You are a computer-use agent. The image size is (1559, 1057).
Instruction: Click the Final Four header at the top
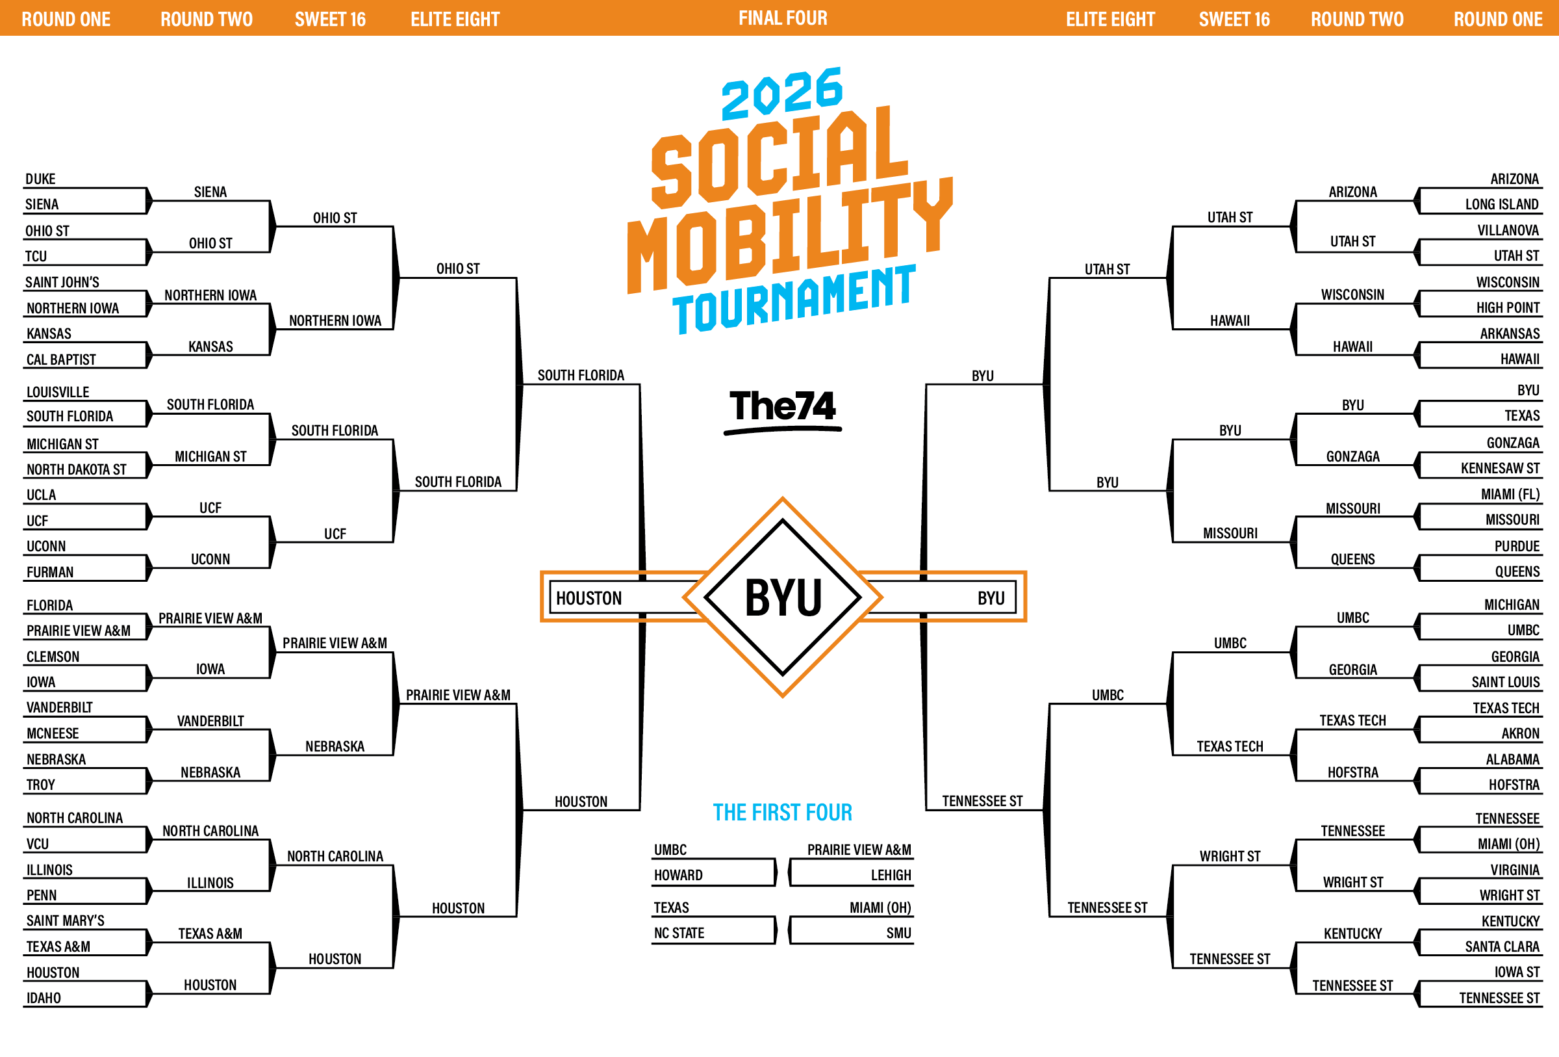click(783, 18)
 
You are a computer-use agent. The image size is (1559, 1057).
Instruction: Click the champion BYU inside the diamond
click(783, 597)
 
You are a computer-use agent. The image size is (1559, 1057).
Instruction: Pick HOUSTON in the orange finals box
click(589, 598)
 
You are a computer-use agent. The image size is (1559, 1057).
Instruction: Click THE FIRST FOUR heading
click(782, 813)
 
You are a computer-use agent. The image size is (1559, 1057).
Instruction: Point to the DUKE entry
click(40, 179)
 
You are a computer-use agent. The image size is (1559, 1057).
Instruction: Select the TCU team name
click(36, 256)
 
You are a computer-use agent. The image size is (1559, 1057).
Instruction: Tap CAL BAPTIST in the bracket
click(61, 359)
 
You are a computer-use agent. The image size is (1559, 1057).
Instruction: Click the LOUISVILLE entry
click(58, 392)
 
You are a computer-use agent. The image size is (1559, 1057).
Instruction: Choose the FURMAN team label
click(49, 573)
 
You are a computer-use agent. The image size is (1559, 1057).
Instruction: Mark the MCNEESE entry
click(53, 733)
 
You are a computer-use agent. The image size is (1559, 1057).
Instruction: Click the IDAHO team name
click(44, 998)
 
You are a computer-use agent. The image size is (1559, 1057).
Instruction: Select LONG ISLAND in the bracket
click(1502, 204)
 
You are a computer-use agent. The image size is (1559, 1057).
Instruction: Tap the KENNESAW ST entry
click(1501, 468)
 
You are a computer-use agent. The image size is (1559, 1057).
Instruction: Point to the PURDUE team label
click(1517, 546)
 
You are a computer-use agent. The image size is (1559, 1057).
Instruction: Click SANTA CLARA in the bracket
click(1502, 947)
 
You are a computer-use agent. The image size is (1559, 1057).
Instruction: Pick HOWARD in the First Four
click(678, 875)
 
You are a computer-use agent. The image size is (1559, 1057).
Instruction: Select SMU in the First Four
click(899, 933)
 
